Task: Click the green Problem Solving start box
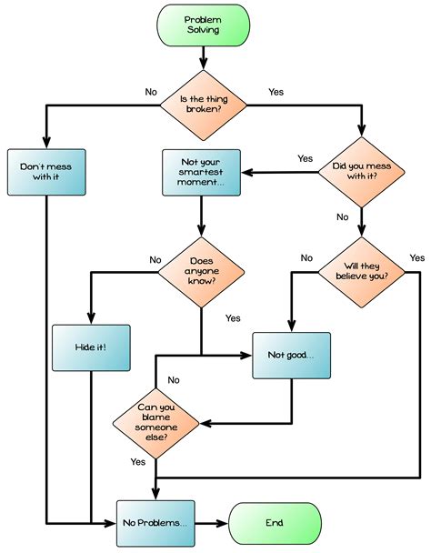click(x=202, y=25)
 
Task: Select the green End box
click(x=275, y=523)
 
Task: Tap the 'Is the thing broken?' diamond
click(x=202, y=106)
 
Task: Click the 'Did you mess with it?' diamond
click(x=361, y=172)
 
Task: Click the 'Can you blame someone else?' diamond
click(x=157, y=422)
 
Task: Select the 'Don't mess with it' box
click(x=46, y=172)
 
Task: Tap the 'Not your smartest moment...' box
click(x=202, y=172)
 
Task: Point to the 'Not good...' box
click(x=291, y=354)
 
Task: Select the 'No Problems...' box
click(x=155, y=523)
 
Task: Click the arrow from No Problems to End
click(x=211, y=523)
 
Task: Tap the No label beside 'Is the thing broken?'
click(x=151, y=92)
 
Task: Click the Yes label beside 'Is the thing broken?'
click(x=276, y=92)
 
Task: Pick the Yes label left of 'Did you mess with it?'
click(x=305, y=158)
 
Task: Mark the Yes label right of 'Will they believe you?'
click(x=416, y=258)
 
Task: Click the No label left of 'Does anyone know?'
click(x=155, y=259)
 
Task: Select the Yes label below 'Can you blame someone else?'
click(x=137, y=462)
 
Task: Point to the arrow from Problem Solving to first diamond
click(x=202, y=60)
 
